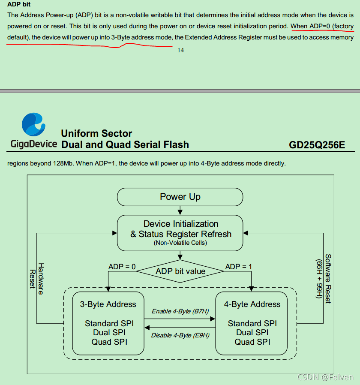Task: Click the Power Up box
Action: click(x=180, y=197)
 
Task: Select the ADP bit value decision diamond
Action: click(x=180, y=271)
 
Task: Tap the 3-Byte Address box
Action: click(x=108, y=322)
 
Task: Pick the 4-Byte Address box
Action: click(x=252, y=322)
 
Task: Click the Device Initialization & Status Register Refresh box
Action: click(x=180, y=233)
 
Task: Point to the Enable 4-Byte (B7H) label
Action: click(x=180, y=311)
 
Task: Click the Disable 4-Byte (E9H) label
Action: click(x=180, y=335)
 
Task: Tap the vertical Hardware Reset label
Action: click(x=36, y=278)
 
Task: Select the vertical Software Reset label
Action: click(x=324, y=278)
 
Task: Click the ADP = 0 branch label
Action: click(x=122, y=267)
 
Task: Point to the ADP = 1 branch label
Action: click(x=239, y=267)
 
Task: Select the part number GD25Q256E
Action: click(x=317, y=145)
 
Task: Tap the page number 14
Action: click(x=181, y=50)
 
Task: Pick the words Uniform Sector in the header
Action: click(x=96, y=133)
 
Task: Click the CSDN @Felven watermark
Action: click(x=325, y=377)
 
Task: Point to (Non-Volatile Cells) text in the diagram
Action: click(x=180, y=243)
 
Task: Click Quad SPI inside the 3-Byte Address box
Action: click(x=109, y=342)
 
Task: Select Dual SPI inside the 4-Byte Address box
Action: click(x=252, y=332)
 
